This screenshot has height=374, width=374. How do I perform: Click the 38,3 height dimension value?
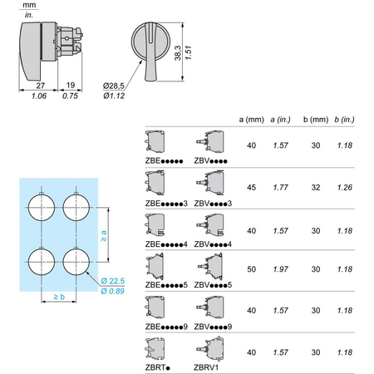point(178,53)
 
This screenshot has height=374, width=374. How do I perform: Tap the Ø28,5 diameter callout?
point(114,86)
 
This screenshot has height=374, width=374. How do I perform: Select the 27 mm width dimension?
point(41,86)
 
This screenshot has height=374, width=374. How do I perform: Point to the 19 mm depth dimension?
point(71,85)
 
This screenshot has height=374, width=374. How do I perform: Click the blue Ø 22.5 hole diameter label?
point(113,281)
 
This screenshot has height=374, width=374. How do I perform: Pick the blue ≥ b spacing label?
point(59,297)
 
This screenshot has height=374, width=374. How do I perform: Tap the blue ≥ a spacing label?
point(103,236)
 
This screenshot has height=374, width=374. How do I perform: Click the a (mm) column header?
point(251,120)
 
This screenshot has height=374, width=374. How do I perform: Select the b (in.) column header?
point(344,120)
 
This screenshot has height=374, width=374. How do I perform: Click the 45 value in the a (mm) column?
point(252,188)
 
